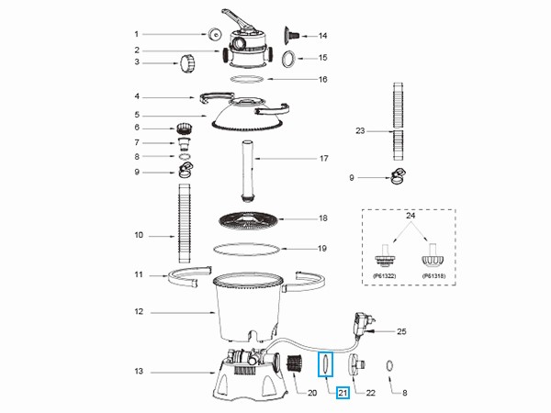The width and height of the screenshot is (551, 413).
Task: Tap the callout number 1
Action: click(137, 35)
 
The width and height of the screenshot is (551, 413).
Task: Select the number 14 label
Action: click(322, 36)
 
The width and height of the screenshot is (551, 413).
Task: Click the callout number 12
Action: click(138, 313)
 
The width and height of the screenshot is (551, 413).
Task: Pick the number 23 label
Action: click(360, 131)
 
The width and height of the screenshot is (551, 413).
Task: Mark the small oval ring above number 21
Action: click(323, 364)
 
